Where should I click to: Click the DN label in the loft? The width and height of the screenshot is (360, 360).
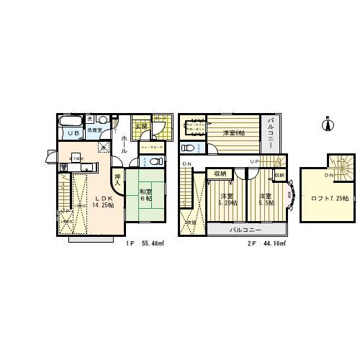tap(328, 175)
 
